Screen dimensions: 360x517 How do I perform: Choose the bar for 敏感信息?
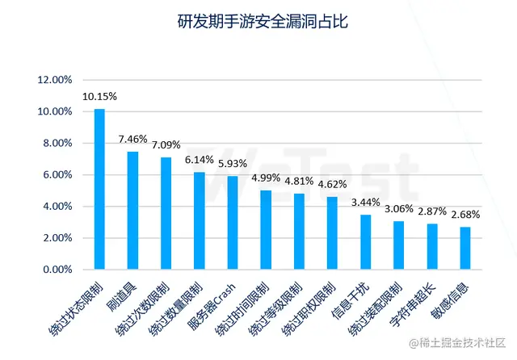[464, 248]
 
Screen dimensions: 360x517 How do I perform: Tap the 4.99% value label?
[265, 178]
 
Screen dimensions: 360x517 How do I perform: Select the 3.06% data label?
[398, 209]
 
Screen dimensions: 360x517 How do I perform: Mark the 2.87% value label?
[431, 212]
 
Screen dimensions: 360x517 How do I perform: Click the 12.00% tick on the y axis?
[56, 80]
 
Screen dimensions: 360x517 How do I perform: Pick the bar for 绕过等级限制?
[299, 231]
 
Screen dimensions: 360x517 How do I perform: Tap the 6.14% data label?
[199, 161]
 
